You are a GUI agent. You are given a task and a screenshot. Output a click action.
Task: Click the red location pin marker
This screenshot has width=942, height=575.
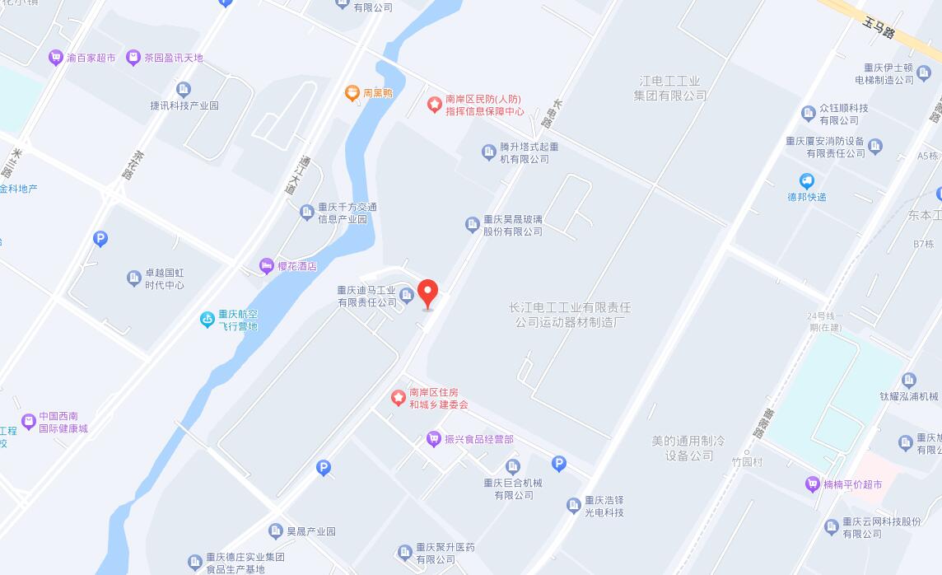(427, 293)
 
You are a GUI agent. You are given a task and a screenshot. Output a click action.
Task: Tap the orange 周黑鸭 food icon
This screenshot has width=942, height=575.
(352, 93)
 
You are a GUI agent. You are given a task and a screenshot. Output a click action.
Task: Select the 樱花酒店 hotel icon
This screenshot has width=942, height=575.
(266, 266)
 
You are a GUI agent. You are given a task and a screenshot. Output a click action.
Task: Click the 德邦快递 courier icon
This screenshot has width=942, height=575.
(807, 181)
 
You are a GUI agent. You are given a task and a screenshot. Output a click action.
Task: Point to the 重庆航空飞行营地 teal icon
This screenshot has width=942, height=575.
(208, 320)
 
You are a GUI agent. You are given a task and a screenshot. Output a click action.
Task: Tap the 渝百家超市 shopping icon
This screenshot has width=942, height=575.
(56, 58)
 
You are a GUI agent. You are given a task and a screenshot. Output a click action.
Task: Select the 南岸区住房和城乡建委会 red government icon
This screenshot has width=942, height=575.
(399, 398)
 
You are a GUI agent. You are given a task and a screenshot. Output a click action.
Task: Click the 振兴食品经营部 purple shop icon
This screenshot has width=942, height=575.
(434, 439)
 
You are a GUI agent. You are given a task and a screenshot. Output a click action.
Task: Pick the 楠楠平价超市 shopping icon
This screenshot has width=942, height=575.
(813, 484)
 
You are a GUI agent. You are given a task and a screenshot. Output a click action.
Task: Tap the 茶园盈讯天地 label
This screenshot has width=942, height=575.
(173, 58)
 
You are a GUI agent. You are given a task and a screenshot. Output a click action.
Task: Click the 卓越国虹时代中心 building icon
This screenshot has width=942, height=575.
(134, 278)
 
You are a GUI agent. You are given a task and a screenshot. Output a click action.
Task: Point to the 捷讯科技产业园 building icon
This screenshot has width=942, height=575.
(184, 89)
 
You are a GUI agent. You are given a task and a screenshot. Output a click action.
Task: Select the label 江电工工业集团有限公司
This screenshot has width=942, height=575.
(670, 88)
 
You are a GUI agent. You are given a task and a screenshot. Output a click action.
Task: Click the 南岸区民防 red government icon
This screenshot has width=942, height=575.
(434, 105)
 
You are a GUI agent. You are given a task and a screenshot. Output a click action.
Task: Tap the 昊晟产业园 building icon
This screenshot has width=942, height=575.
(276, 531)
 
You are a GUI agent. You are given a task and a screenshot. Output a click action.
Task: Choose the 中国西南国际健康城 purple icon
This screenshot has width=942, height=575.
(29, 422)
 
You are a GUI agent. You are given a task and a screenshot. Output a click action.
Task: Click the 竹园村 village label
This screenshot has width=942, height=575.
(748, 462)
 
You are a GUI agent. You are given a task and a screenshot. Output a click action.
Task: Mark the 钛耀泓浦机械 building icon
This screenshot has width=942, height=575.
(909, 381)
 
